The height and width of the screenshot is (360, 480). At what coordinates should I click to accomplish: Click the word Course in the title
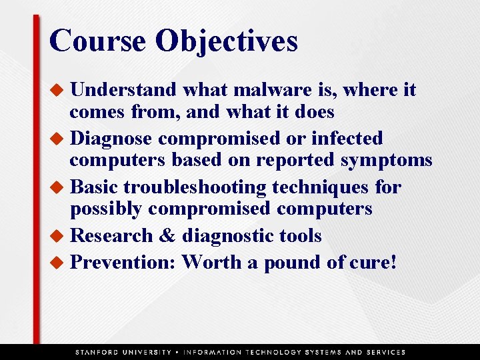tap(97, 41)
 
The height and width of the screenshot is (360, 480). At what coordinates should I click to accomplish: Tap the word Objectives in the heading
tap(226, 42)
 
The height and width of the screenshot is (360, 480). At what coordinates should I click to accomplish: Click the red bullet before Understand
tap(59, 90)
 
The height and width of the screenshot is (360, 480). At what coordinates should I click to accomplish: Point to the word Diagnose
tap(113, 139)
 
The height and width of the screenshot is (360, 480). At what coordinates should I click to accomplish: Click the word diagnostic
tap(225, 236)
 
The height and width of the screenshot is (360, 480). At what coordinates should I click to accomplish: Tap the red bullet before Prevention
tap(59, 263)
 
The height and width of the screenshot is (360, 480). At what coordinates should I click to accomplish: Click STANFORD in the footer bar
tap(100, 352)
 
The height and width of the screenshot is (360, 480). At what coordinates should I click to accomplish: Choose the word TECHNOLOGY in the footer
tap(273, 352)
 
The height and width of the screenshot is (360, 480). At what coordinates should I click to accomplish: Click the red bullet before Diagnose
tap(59, 139)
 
